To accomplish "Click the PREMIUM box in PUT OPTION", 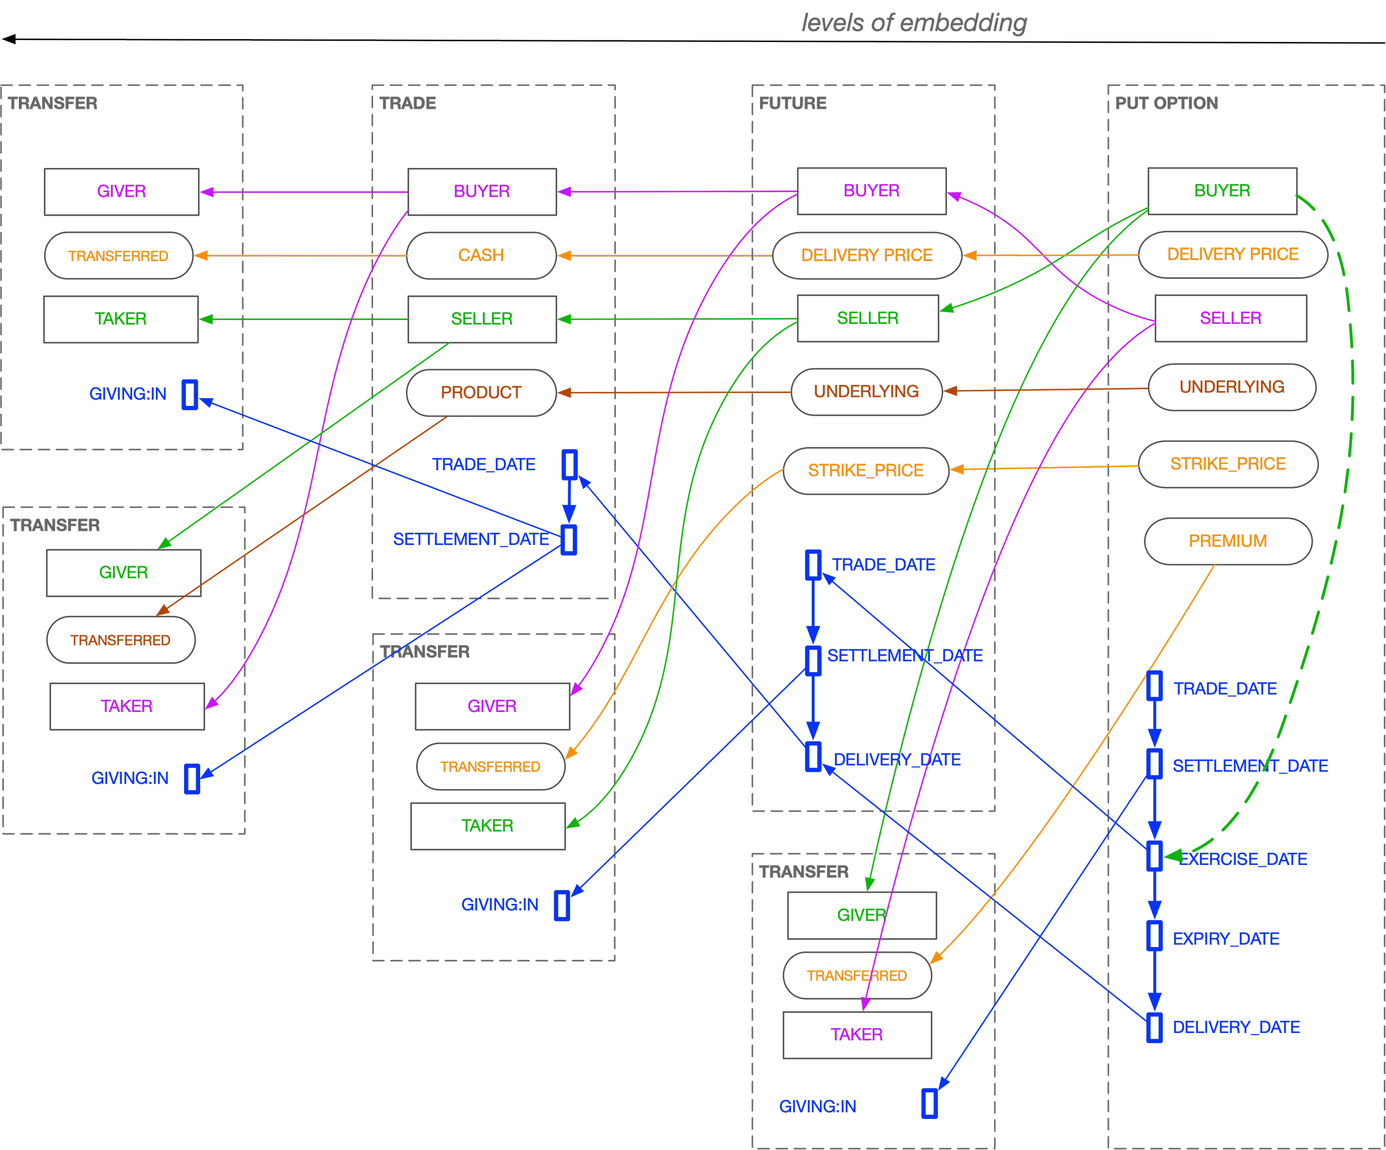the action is (1227, 541).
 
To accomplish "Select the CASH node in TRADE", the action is (481, 256).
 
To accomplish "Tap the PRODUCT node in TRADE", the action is (481, 393).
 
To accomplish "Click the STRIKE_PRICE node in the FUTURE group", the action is (866, 471).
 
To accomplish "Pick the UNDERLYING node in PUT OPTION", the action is (1231, 387).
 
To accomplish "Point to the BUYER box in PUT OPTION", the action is (1222, 191).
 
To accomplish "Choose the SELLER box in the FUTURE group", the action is (868, 318).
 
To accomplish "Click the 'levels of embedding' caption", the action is (914, 23).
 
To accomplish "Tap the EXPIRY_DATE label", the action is (1226, 939).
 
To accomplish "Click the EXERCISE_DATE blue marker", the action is (1154, 856).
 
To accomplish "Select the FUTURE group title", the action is (793, 103).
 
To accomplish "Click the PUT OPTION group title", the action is (1166, 103).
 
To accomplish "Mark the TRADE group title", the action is (408, 103).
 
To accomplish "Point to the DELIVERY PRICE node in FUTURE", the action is (867, 256).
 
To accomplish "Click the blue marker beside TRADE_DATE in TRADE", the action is (569, 465).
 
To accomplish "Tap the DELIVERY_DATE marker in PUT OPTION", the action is (1154, 1028).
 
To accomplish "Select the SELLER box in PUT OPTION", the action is (1231, 318).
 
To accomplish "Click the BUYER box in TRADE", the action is (482, 191).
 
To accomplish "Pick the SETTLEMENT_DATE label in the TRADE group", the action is (471, 540).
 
